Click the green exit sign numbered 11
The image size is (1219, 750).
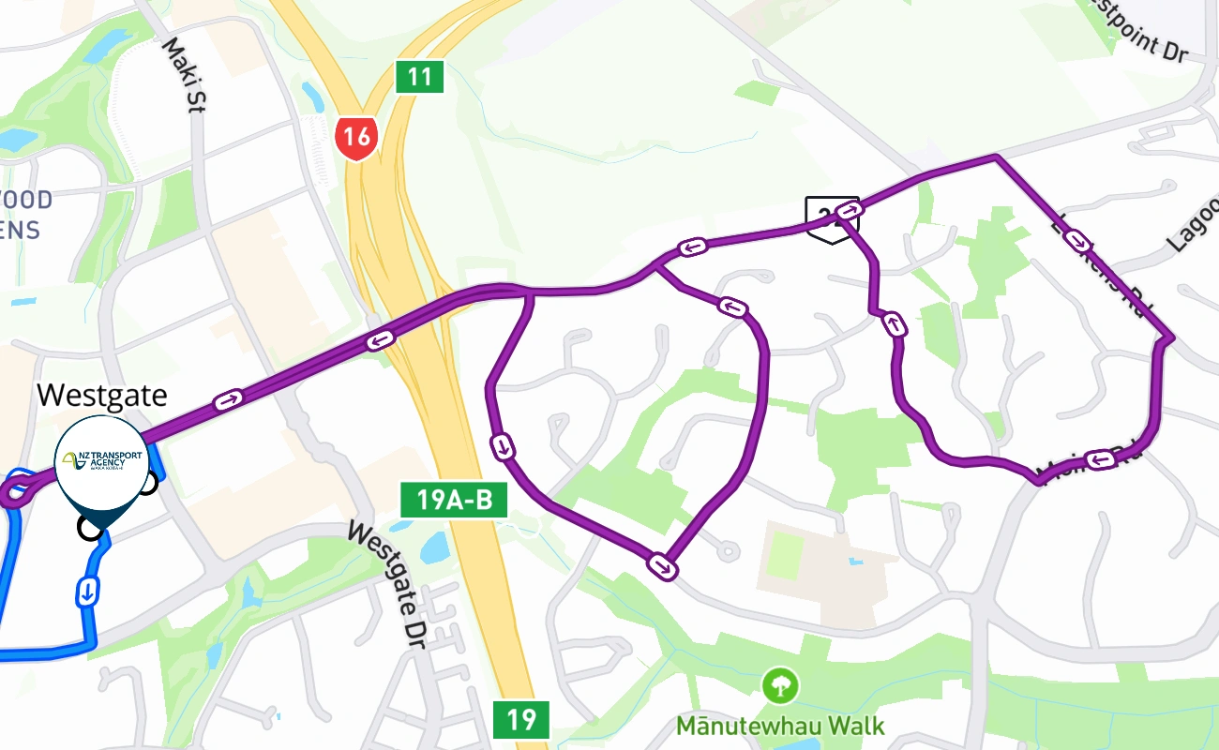pyautogui.click(x=419, y=76)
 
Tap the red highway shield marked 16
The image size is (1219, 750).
pyautogui.click(x=356, y=138)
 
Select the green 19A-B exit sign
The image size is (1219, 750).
pyautogui.click(x=454, y=500)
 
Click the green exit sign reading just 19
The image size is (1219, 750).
pyautogui.click(x=520, y=720)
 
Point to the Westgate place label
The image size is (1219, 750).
pyautogui.click(x=102, y=395)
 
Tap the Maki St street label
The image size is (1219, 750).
pyautogui.click(x=184, y=75)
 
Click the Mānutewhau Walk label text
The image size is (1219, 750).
pyautogui.click(x=780, y=725)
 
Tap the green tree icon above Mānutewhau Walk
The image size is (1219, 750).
pyautogui.click(x=780, y=685)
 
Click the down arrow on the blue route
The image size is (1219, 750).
pyautogui.click(x=86, y=592)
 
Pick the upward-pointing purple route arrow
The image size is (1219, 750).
pyautogui.click(x=894, y=325)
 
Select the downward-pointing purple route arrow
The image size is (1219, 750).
pyautogui.click(x=504, y=446)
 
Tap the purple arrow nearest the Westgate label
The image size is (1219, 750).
pyautogui.click(x=228, y=400)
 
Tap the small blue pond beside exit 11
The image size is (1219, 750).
pyautogui.click(x=312, y=96)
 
